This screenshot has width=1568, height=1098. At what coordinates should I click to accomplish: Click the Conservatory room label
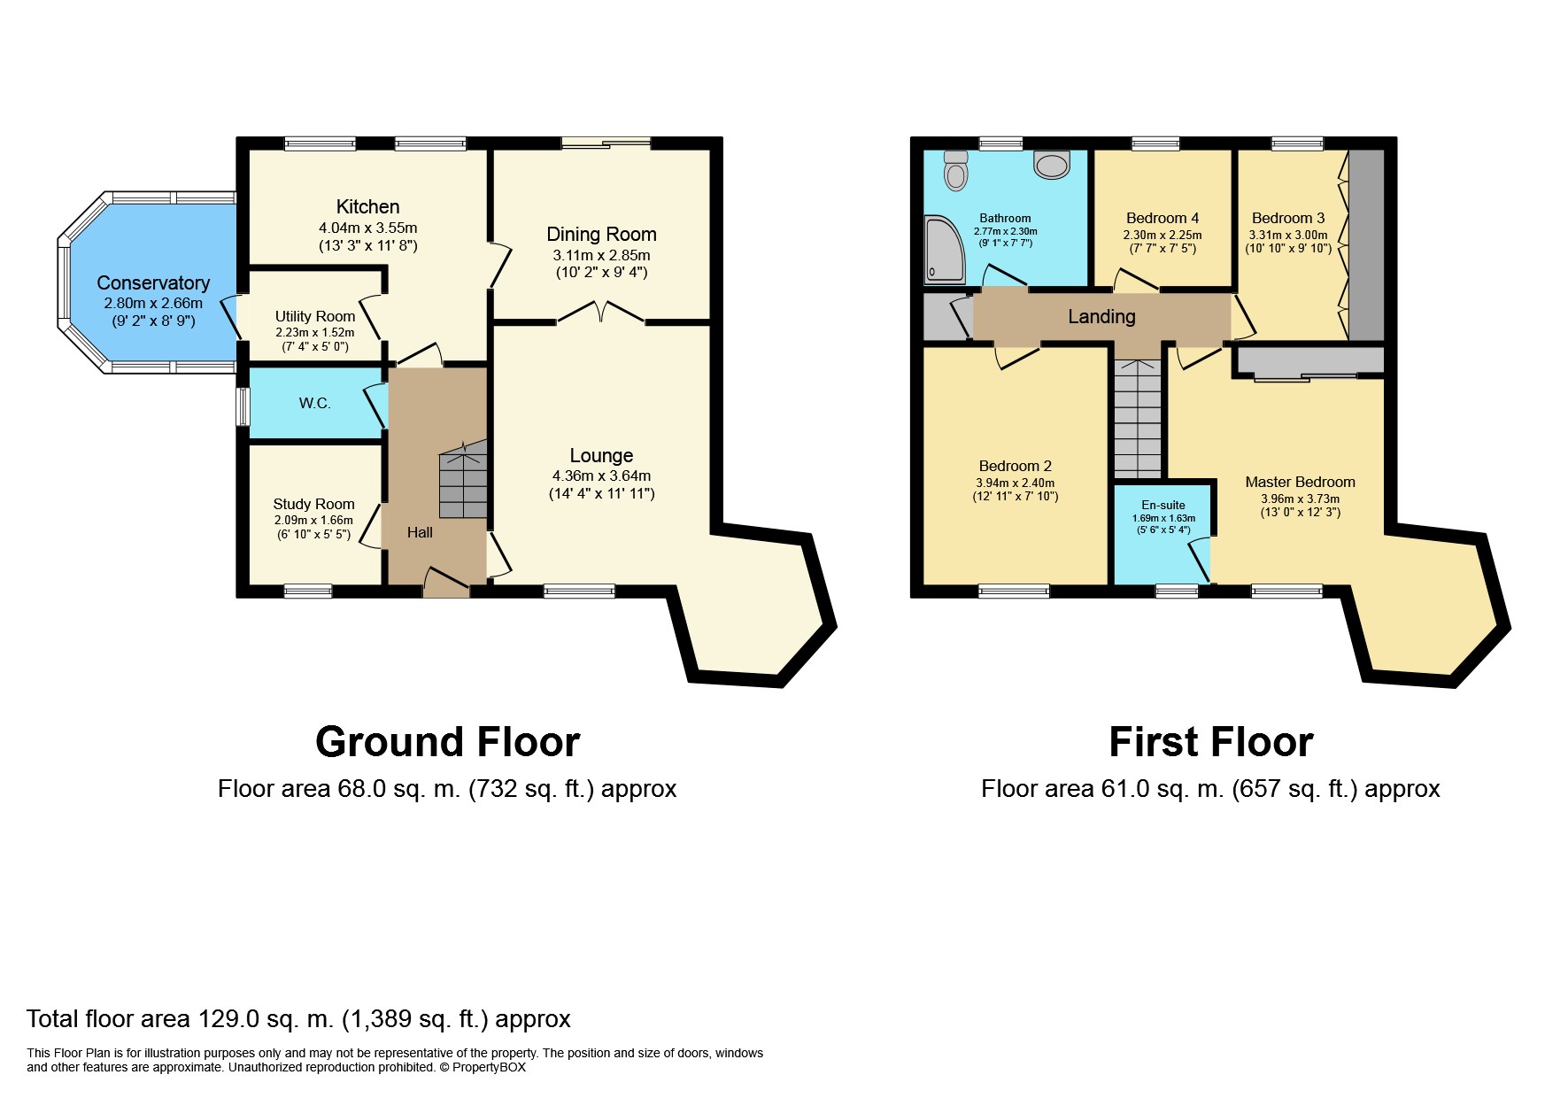tap(153, 283)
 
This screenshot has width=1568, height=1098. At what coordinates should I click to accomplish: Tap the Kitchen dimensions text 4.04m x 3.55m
tap(367, 228)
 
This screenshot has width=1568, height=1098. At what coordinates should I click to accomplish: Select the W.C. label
tap(314, 404)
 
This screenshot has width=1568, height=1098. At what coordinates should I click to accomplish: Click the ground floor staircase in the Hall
tap(463, 483)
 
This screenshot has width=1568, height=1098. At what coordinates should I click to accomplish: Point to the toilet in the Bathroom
tap(955, 172)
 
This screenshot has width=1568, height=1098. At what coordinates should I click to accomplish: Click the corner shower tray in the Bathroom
tap(944, 251)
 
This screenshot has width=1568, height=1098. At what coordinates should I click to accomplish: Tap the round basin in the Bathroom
tap(1052, 165)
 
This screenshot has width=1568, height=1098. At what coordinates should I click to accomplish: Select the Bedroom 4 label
tap(1162, 218)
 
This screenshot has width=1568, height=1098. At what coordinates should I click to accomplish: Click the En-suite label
tap(1163, 505)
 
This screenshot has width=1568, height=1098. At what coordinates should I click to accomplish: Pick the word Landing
tap(1101, 316)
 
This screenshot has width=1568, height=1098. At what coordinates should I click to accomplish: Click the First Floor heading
tap(1210, 742)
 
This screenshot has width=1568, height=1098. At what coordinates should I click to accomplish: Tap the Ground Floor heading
tap(447, 742)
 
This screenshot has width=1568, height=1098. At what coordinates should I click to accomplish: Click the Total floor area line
tap(298, 1019)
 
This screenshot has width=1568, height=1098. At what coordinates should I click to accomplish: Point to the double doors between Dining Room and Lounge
tap(601, 312)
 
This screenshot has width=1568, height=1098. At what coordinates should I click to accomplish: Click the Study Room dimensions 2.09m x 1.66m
tap(313, 521)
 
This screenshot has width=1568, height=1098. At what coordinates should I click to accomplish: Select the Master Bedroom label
tap(1300, 482)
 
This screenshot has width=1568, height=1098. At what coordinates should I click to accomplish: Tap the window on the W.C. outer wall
tap(243, 406)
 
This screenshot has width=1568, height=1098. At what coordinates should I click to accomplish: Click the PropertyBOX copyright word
tap(489, 1068)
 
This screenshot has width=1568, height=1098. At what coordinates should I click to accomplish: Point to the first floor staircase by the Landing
tap(1137, 421)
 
